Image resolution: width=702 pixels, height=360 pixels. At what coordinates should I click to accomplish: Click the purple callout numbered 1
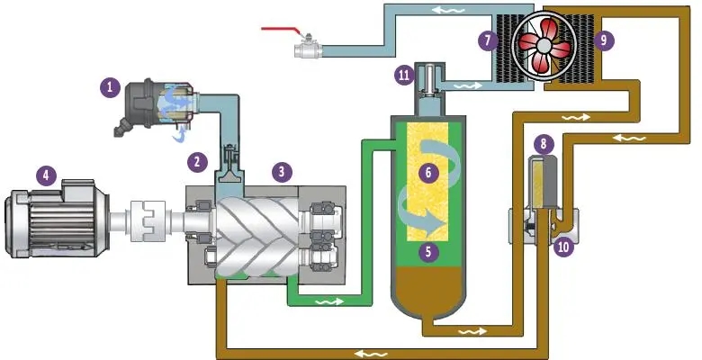[110, 87]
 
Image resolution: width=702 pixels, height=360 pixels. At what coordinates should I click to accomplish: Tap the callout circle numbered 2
[195, 162]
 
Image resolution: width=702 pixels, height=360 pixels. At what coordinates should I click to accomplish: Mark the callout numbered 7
[488, 40]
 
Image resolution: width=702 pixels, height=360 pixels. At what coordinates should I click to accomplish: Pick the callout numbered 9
[602, 40]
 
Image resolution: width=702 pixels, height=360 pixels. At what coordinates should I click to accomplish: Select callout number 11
[402, 76]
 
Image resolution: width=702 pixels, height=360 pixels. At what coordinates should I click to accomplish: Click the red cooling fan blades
[545, 44]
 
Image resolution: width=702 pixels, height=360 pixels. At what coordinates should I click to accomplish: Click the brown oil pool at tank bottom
[428, 288]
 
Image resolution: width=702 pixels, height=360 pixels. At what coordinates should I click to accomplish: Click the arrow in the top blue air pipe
[440, 10]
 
